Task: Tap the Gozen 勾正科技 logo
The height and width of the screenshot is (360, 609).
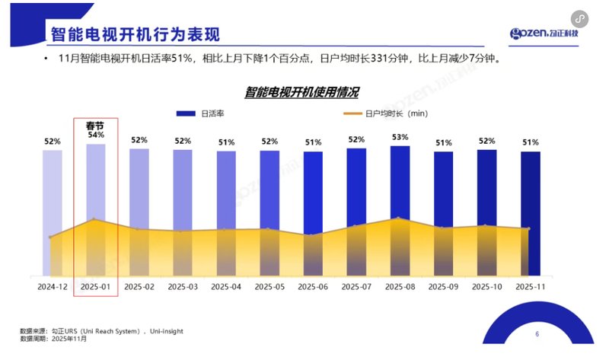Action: point(544,33)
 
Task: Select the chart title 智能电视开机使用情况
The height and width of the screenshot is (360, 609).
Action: point(302,92)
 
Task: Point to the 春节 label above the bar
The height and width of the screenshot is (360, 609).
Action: point(95,125)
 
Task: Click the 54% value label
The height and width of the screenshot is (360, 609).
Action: point(96,135)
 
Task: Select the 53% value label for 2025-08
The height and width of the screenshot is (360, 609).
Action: point(400,137)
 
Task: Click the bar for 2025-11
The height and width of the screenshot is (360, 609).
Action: point(531,212)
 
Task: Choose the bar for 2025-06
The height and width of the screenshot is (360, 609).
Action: point(313,212)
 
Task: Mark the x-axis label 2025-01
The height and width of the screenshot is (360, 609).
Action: point(96,287)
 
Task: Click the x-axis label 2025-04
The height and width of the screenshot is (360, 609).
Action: point(226,287)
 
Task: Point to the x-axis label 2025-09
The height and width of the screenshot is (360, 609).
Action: point(443,287)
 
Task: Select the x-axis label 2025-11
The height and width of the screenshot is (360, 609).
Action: point(531,287)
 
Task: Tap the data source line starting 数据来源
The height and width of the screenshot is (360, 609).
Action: point(101,331)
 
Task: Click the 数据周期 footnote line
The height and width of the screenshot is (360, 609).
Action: point(53,339)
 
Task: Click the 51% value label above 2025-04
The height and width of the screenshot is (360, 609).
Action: point(226,142)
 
